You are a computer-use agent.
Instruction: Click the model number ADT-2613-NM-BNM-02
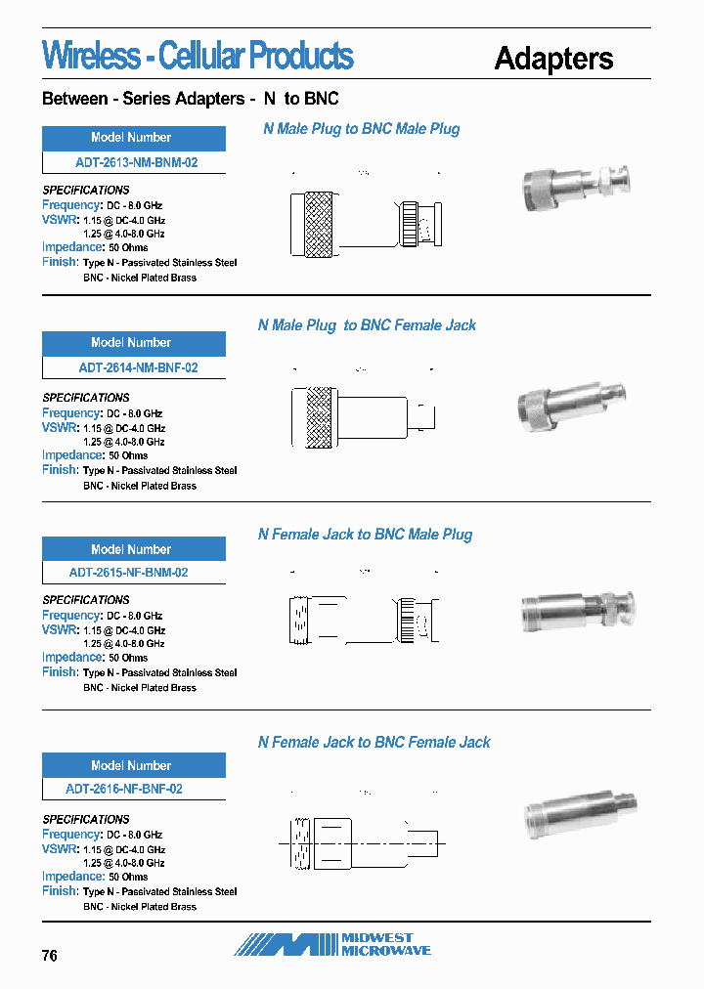136,162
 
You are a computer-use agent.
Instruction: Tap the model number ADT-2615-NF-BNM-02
128,573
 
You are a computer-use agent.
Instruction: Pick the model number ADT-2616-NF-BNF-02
124,789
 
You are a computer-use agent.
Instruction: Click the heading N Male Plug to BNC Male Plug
361,129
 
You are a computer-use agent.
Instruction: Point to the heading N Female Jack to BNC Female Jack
374,743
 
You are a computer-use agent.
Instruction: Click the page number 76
50,955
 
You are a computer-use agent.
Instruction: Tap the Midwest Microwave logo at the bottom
332,944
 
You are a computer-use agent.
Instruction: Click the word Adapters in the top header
553,59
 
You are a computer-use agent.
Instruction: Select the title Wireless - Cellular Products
198,56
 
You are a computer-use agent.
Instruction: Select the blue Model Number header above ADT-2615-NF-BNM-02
134,549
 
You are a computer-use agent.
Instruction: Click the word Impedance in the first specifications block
73,247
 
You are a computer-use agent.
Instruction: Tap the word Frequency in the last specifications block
71,835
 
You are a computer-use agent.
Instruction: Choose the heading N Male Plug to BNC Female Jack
367,325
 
